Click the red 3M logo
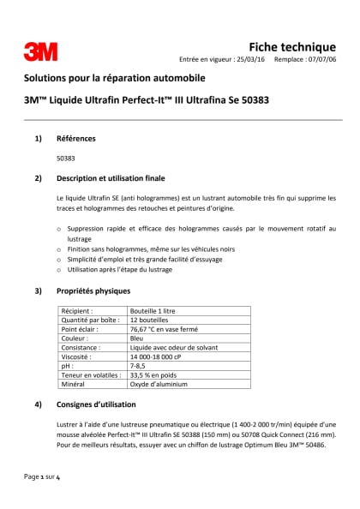click(x=40, y=52)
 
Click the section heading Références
click(x=76, y=138)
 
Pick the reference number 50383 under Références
click(x=65, y=159)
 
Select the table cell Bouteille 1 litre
click(x=156, y=311)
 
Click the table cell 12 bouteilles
click(x=151, y=320)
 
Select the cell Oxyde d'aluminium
click(x=159, y=385)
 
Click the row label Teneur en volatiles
click(x=89, y=375)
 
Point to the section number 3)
click(x=38, y=291)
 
